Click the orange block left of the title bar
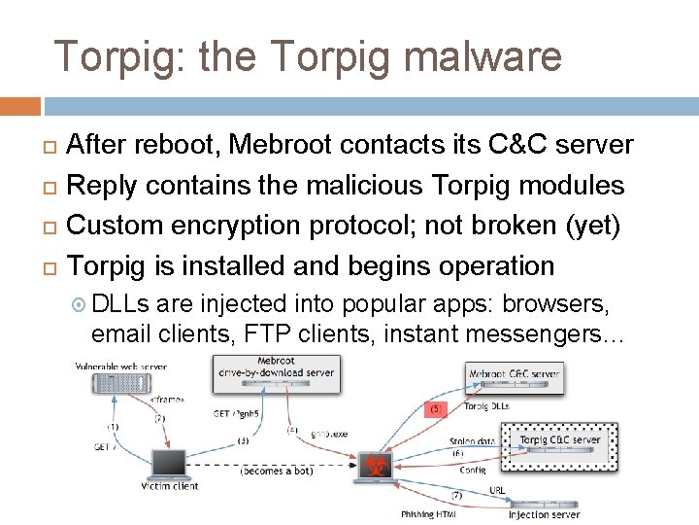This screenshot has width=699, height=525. pyautogui.click(x=20, y=105)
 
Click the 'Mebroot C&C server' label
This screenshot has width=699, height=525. pyautogui.click(x=515, y=373)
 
